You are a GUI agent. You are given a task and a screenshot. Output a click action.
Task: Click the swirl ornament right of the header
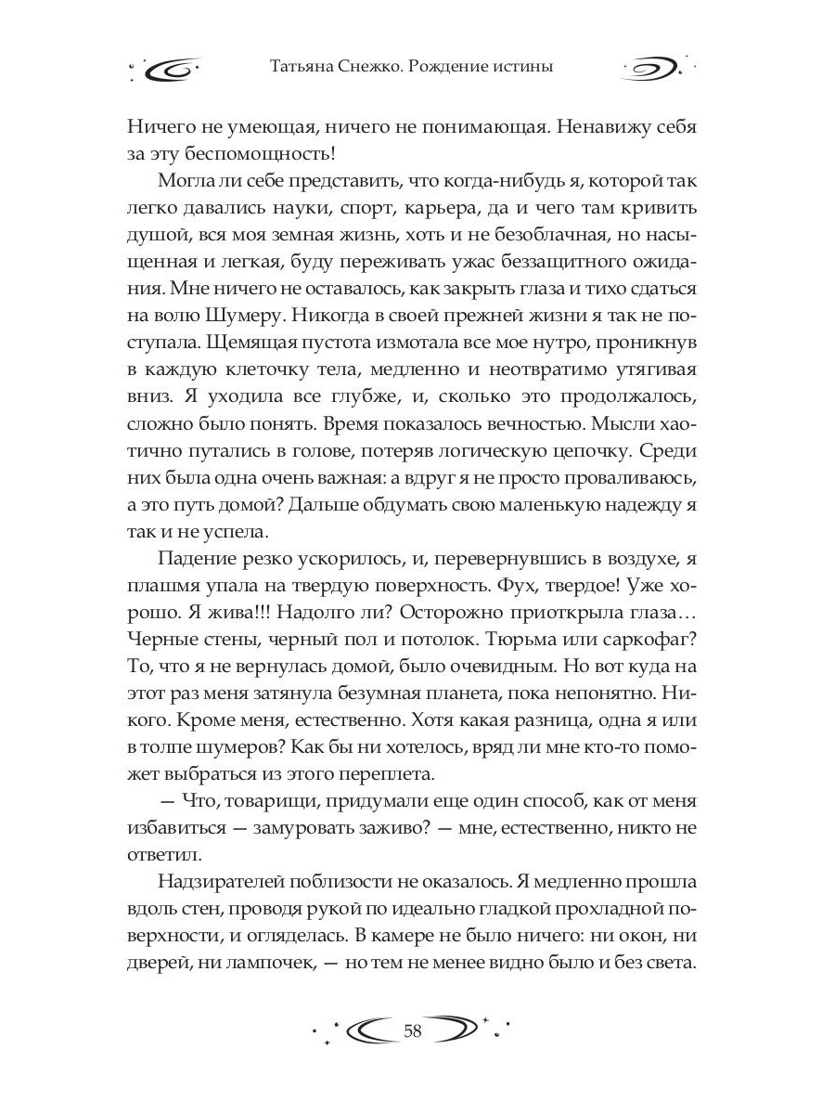(x=655, y=69)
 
